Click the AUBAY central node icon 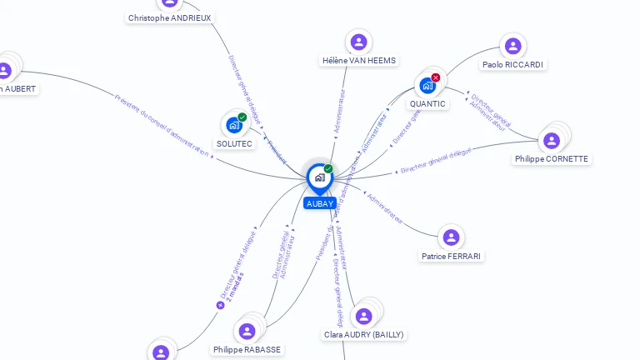pos(319,177)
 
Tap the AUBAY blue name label pos(320,203)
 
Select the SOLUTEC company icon pos(234,125)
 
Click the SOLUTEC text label pos(234,143)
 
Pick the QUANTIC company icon pos(427,85)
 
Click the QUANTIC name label pos(427,104)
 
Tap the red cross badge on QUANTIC pos(436,77)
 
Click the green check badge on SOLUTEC pos(242,117)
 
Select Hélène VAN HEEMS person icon pos(358,42)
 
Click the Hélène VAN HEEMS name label pos(359,60)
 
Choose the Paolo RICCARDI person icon pos(513,46)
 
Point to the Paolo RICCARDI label pos(512,64)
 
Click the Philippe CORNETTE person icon pos(551,140)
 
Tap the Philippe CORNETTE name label pos(552,159)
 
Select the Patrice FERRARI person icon pos(451,237)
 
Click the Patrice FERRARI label pos(451,256)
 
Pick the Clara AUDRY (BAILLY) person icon pos(363,316)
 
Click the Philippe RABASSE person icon pos(247,331)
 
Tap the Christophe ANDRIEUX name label pos(170,17)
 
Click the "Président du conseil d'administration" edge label pos(162,124)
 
